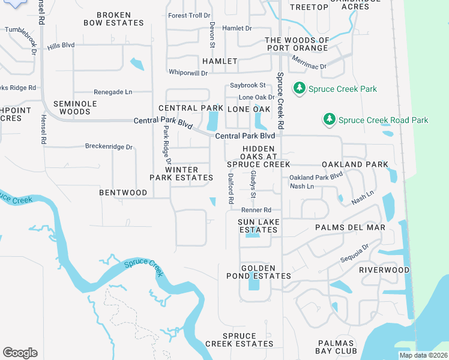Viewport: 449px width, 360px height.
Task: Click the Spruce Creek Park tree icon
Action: (x=299, y=89)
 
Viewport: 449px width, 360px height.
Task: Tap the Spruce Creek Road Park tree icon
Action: (x=328, y=120)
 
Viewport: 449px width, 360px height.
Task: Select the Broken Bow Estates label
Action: (x=120, y=19)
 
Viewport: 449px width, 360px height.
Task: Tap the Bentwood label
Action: (x=123, y=193)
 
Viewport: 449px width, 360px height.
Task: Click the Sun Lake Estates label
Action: (x=259, y=226)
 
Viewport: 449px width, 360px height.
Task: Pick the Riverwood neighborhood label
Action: (x=384, y=270)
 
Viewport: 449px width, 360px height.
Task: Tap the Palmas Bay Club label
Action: (x=337, y=347)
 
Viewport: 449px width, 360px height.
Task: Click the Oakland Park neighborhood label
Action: (x=355, y=164)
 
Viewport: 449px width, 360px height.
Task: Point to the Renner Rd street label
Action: (x=256, y=210)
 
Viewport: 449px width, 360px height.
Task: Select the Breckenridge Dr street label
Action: (x=109, y=146)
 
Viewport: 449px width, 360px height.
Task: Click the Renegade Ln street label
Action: (x=113, y=92)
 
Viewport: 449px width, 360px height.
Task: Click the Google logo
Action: (x=20, y=352)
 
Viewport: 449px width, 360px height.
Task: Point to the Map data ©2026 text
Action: (x=423, y=355)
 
